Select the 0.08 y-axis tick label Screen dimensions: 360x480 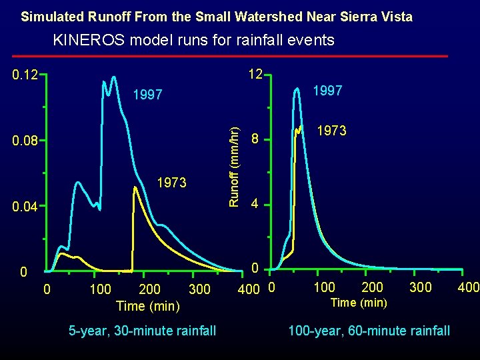pos(25,141)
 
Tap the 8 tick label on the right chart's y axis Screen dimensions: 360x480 pos(254,140)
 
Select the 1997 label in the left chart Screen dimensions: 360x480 pos(147,95)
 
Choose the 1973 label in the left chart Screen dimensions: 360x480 pos(171,183)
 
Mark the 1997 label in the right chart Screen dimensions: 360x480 pos(327,91)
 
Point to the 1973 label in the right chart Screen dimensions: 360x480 pos(331,131)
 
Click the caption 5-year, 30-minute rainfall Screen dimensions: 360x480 pos(143,330)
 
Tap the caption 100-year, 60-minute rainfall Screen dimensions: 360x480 pos(369,330)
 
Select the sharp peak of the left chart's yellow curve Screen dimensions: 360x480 pos(135,187)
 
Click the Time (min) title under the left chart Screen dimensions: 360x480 pos(147,306)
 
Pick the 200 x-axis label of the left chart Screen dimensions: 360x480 pos(149,289)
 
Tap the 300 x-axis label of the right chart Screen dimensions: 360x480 pos(419,287)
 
